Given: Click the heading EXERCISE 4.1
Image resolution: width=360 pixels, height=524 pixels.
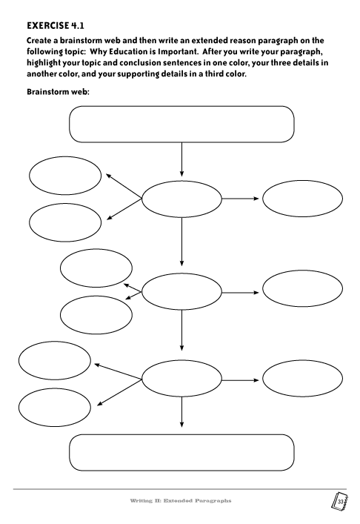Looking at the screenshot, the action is [x=56, y=26].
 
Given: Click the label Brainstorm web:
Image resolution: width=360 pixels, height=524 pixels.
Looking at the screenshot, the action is [x=58, y=92].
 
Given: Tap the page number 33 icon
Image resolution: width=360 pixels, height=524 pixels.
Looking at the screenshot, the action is [x=339, y=502].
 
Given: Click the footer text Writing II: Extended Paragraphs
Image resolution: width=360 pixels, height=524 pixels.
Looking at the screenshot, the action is [x=180, y=500].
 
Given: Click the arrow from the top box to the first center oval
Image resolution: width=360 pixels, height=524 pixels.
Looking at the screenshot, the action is [x=181, y=159].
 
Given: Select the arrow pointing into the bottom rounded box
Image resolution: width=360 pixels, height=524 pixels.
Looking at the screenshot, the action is [x=181, y=412].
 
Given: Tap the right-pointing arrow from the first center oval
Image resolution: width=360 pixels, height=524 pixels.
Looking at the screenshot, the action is [x=241, y=199].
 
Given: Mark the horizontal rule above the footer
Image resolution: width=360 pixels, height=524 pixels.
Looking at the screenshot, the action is [x=180, y=489].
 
